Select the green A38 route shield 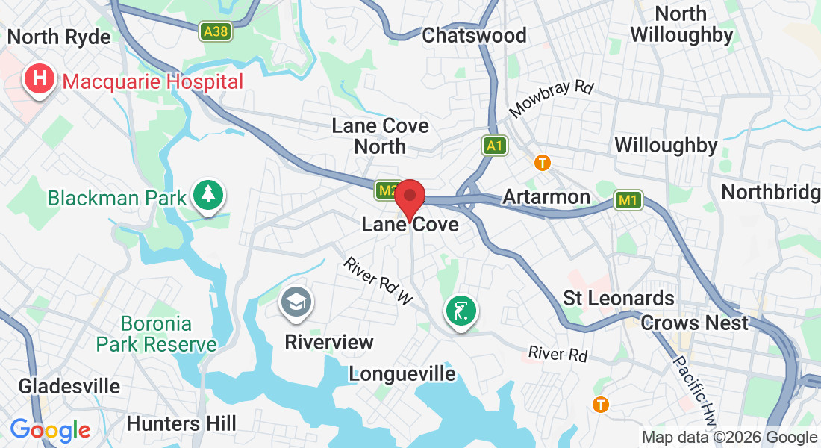215,31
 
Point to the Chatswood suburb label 474,35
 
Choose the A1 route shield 494,146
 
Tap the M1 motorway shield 628,200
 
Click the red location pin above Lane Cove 409,199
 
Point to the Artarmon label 546,197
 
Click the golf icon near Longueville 461,311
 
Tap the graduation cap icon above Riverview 297,303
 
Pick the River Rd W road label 378,281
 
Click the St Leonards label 619,298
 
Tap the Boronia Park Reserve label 156,334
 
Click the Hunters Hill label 181,423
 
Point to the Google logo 50,430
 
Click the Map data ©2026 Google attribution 729,438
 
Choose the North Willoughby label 681,24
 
